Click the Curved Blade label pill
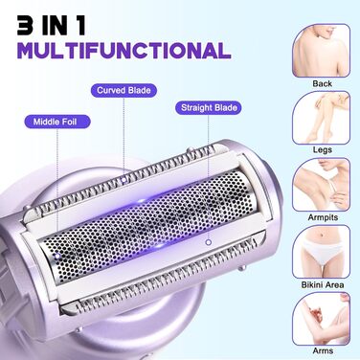click(124, 90)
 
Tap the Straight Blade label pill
click(209, 107)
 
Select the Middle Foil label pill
click(57, 122)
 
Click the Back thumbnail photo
click(321, 51)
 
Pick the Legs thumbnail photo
click(321, 118)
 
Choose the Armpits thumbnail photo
click(321, 185)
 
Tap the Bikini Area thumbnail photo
click(321, 252)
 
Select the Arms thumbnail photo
click(321, 319)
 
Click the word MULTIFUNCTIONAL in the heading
click(124, 51)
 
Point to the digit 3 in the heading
click(26, 26)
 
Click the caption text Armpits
click(323, 217)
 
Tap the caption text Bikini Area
click(323, 284)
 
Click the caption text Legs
click(323, 149)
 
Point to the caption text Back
click(323, 83)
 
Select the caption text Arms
click(323, 350)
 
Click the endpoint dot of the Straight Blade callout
click(209, 242)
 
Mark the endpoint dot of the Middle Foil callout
click(57, 256)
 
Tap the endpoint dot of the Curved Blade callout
click(124, 180)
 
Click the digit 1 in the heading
click(81, 26)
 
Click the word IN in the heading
click(56, 26)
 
